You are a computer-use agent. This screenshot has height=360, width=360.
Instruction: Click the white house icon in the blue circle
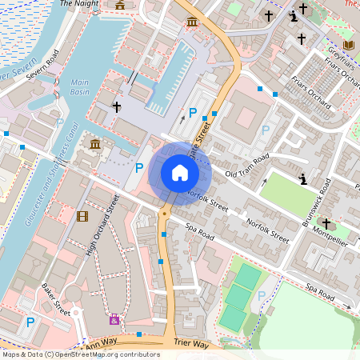pos(180,173)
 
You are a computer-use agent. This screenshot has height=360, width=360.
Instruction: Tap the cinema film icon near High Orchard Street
pos(82,215)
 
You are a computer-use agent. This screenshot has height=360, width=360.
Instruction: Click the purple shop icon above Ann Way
pos(114,319)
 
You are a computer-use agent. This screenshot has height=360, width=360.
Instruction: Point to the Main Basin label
pos(80,86)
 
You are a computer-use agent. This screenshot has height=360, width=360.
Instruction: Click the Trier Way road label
pos(190,345)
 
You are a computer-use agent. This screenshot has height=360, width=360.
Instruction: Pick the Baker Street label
pos(57,298)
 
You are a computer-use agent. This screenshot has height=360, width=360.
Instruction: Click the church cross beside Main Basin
pos(117,106)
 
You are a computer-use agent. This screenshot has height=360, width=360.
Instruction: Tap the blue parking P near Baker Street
pos(30,322)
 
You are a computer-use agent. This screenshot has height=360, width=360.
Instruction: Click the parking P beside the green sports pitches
pos(262,296)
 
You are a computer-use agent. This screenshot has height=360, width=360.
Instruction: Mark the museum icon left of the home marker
pos(95,144)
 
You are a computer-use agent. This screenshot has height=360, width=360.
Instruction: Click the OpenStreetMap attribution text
pos(80,354)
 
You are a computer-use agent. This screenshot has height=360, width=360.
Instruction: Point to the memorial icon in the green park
pos(302,178)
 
